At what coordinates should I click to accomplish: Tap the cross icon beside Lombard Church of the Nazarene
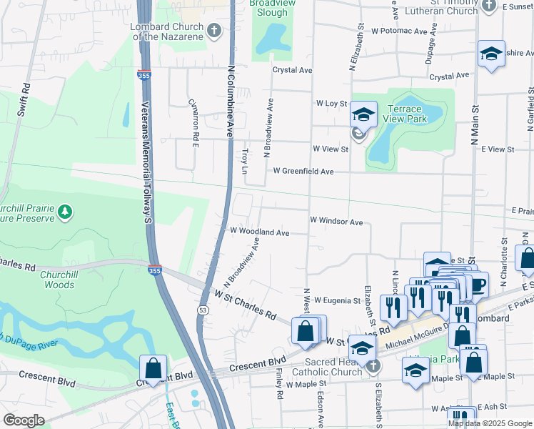tap(214, 29)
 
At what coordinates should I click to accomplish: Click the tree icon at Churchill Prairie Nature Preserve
tap(65, 211)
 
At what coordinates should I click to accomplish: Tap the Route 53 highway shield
tap(203, 310)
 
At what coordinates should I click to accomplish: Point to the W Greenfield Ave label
tap(303, 172)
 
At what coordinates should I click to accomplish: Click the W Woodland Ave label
tap(259, 232)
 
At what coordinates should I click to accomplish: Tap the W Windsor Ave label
tap(336, 222)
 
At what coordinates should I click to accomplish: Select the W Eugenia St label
tap(336, 300)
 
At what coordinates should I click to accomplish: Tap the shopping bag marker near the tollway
tap(153, 368)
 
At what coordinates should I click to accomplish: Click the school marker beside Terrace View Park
tap(363, 114)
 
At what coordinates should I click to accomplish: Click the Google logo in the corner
tap(24, 420)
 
